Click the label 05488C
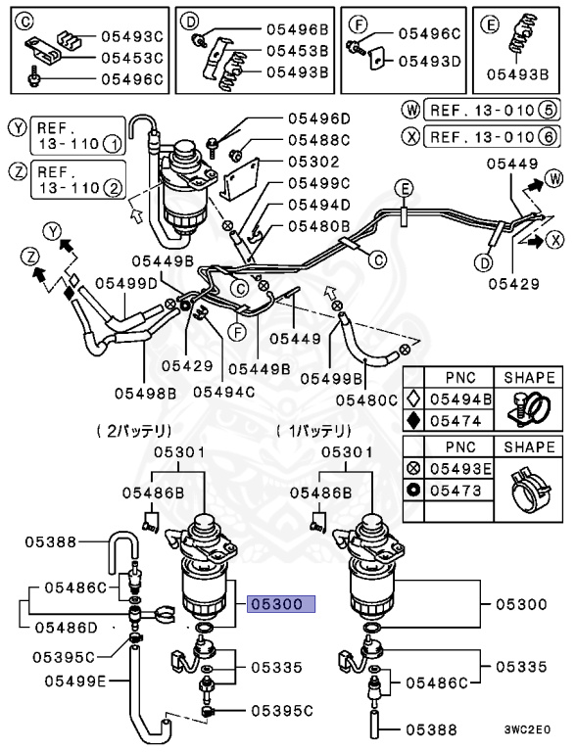click(318, 140)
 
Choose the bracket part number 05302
click(312, 162)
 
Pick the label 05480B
click(318, 226)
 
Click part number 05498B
click(145, 393)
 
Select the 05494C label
click(223, 392)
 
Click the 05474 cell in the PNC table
click(459, 419)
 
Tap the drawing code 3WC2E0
click(525, 729)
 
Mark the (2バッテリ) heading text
click(134, 430)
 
